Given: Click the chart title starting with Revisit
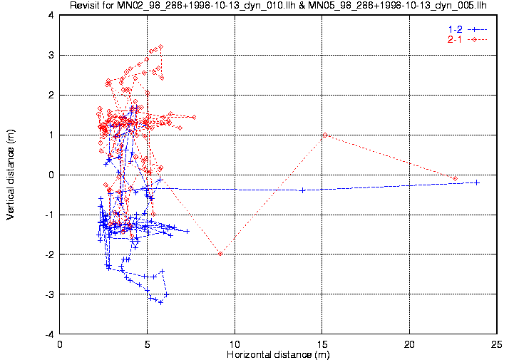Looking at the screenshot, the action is [278, 5].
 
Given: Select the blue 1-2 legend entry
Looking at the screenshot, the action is [468, 29].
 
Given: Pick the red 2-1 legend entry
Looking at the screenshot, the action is [468, 40].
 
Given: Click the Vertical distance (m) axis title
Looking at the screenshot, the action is [11, 175].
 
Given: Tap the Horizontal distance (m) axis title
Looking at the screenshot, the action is [278, 354].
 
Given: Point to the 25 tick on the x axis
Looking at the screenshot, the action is [497, 344].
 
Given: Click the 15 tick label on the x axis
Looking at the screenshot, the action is [322, 344].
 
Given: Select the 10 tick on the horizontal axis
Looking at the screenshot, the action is [235, 344].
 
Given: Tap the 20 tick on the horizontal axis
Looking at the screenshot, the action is [409, 344].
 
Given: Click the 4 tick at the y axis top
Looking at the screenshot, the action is [51, 15].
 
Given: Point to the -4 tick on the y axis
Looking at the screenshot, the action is [49, 334].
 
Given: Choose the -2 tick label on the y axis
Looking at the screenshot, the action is [49, 254].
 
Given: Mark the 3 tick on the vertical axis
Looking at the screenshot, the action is [51, 55].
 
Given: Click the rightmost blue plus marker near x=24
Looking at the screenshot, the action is [477, 182].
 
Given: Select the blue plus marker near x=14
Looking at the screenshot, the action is [302, 190].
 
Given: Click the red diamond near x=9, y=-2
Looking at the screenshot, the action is [220, 254].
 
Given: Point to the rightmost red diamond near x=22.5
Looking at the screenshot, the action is [455, 179].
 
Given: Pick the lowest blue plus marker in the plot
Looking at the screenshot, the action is [160, 302].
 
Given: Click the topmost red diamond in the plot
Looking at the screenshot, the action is [160, 47].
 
